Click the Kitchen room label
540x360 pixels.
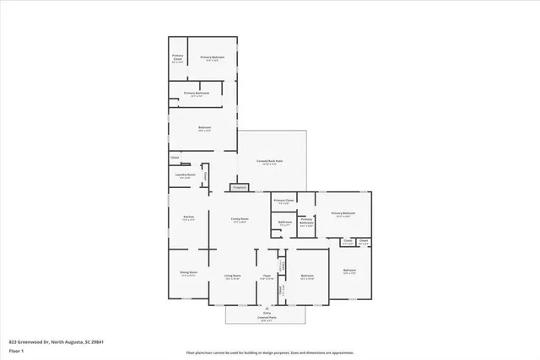[x=189, y=218]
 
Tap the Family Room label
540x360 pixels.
[x=240, y=219]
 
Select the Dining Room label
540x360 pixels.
[x=188, y=273]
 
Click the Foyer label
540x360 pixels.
[x=265, y=276]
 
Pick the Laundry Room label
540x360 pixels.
[x=186, y=175]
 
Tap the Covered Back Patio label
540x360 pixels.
[x=270, y=162]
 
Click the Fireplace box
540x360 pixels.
[x=240, y=187]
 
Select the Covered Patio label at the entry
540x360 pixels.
[x=267, y=318]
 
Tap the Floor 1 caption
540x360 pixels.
[x=16, y=350]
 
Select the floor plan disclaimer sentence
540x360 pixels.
[x=269, y=353]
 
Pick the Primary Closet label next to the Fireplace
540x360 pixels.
[x=283, y=201]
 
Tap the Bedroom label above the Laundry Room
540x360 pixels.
[x=204, y=128]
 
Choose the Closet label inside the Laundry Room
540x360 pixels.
[x=204, y=175]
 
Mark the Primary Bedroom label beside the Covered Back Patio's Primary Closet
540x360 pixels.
[x=343, y=213]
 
